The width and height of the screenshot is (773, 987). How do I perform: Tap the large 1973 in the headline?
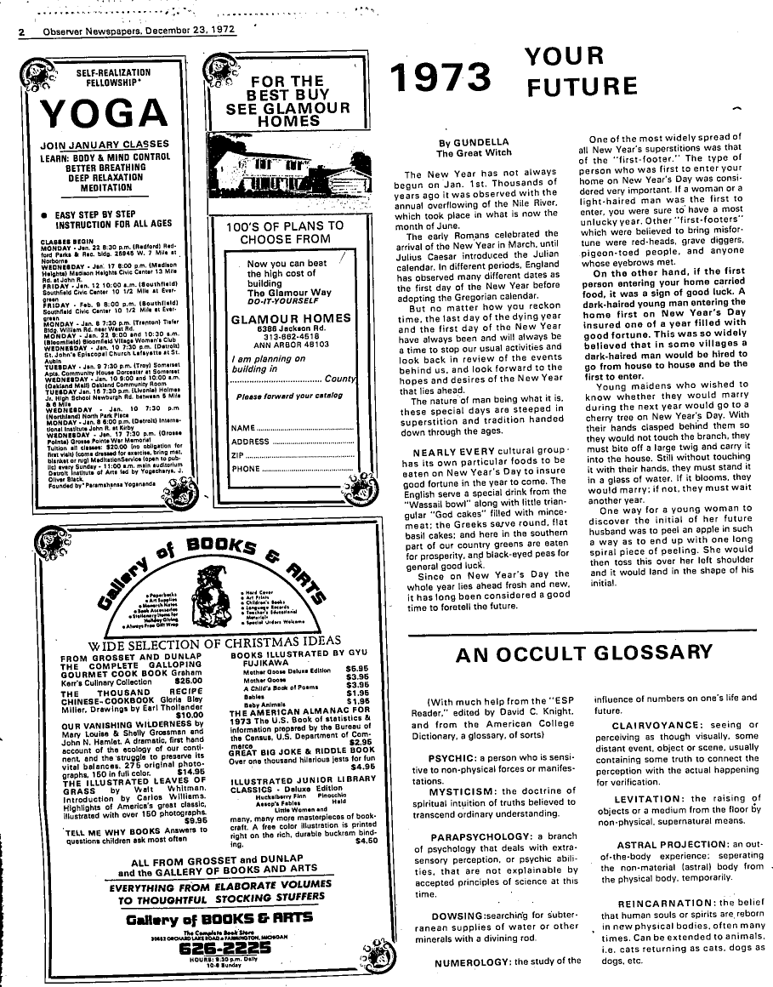coord(443,77)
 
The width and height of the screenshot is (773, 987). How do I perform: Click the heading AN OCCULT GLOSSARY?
coord(584,653)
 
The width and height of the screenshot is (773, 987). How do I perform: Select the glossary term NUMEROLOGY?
coord(475,962)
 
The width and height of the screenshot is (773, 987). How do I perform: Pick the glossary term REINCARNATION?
coord(665,903)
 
